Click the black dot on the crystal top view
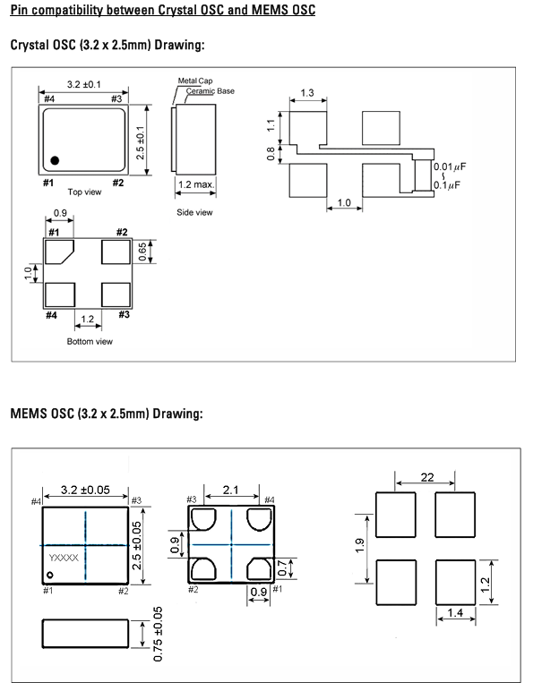(x=55, y=160)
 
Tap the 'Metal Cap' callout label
(x=195, y=81)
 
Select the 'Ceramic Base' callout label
(x=210, y=90)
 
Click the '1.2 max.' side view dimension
(x=196, y=184)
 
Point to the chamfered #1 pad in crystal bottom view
(x=59, y=252)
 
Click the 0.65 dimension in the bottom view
(x=142, y=252)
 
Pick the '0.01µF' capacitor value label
(x=450, y=166)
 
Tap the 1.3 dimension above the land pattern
(x=307, y=92)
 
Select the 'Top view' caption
(x=84, y=192)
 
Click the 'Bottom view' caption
(x=90, y=341)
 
